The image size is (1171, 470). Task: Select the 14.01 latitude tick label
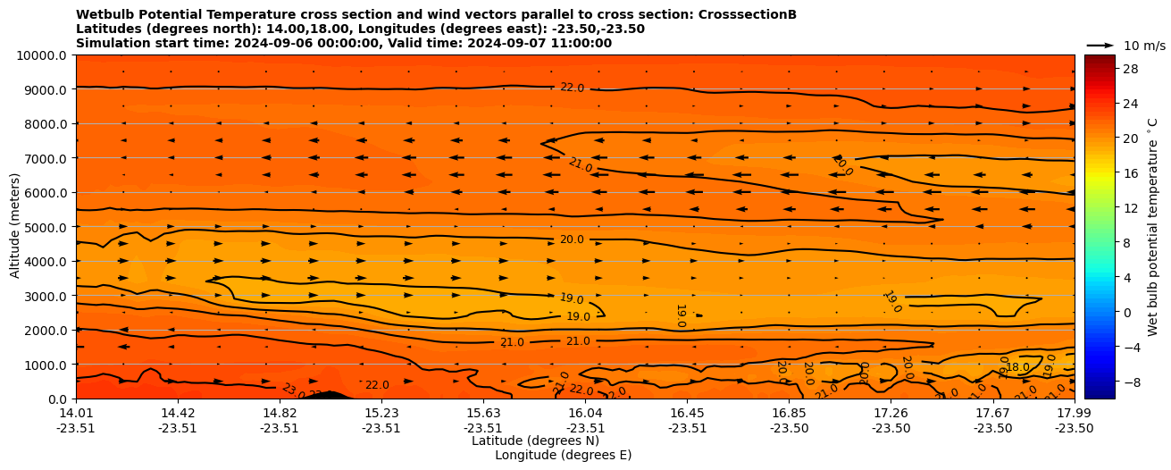(x=76, y=413)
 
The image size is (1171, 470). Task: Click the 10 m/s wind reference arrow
(x=1100, y=45)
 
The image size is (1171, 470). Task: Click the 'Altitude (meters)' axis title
(x=15, y=227)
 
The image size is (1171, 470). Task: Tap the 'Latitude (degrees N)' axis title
(x=535, y=441)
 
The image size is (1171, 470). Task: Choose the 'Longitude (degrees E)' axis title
(x=563, y=455)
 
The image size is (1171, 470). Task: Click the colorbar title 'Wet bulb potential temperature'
(x=1153, y=227)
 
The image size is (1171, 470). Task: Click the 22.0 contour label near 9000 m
(x=572, y=88)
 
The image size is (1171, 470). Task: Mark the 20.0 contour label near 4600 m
(x=572, y=239)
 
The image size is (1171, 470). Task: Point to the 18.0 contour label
(x=1017, y=367)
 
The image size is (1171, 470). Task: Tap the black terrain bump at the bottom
(x=330, y=395)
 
